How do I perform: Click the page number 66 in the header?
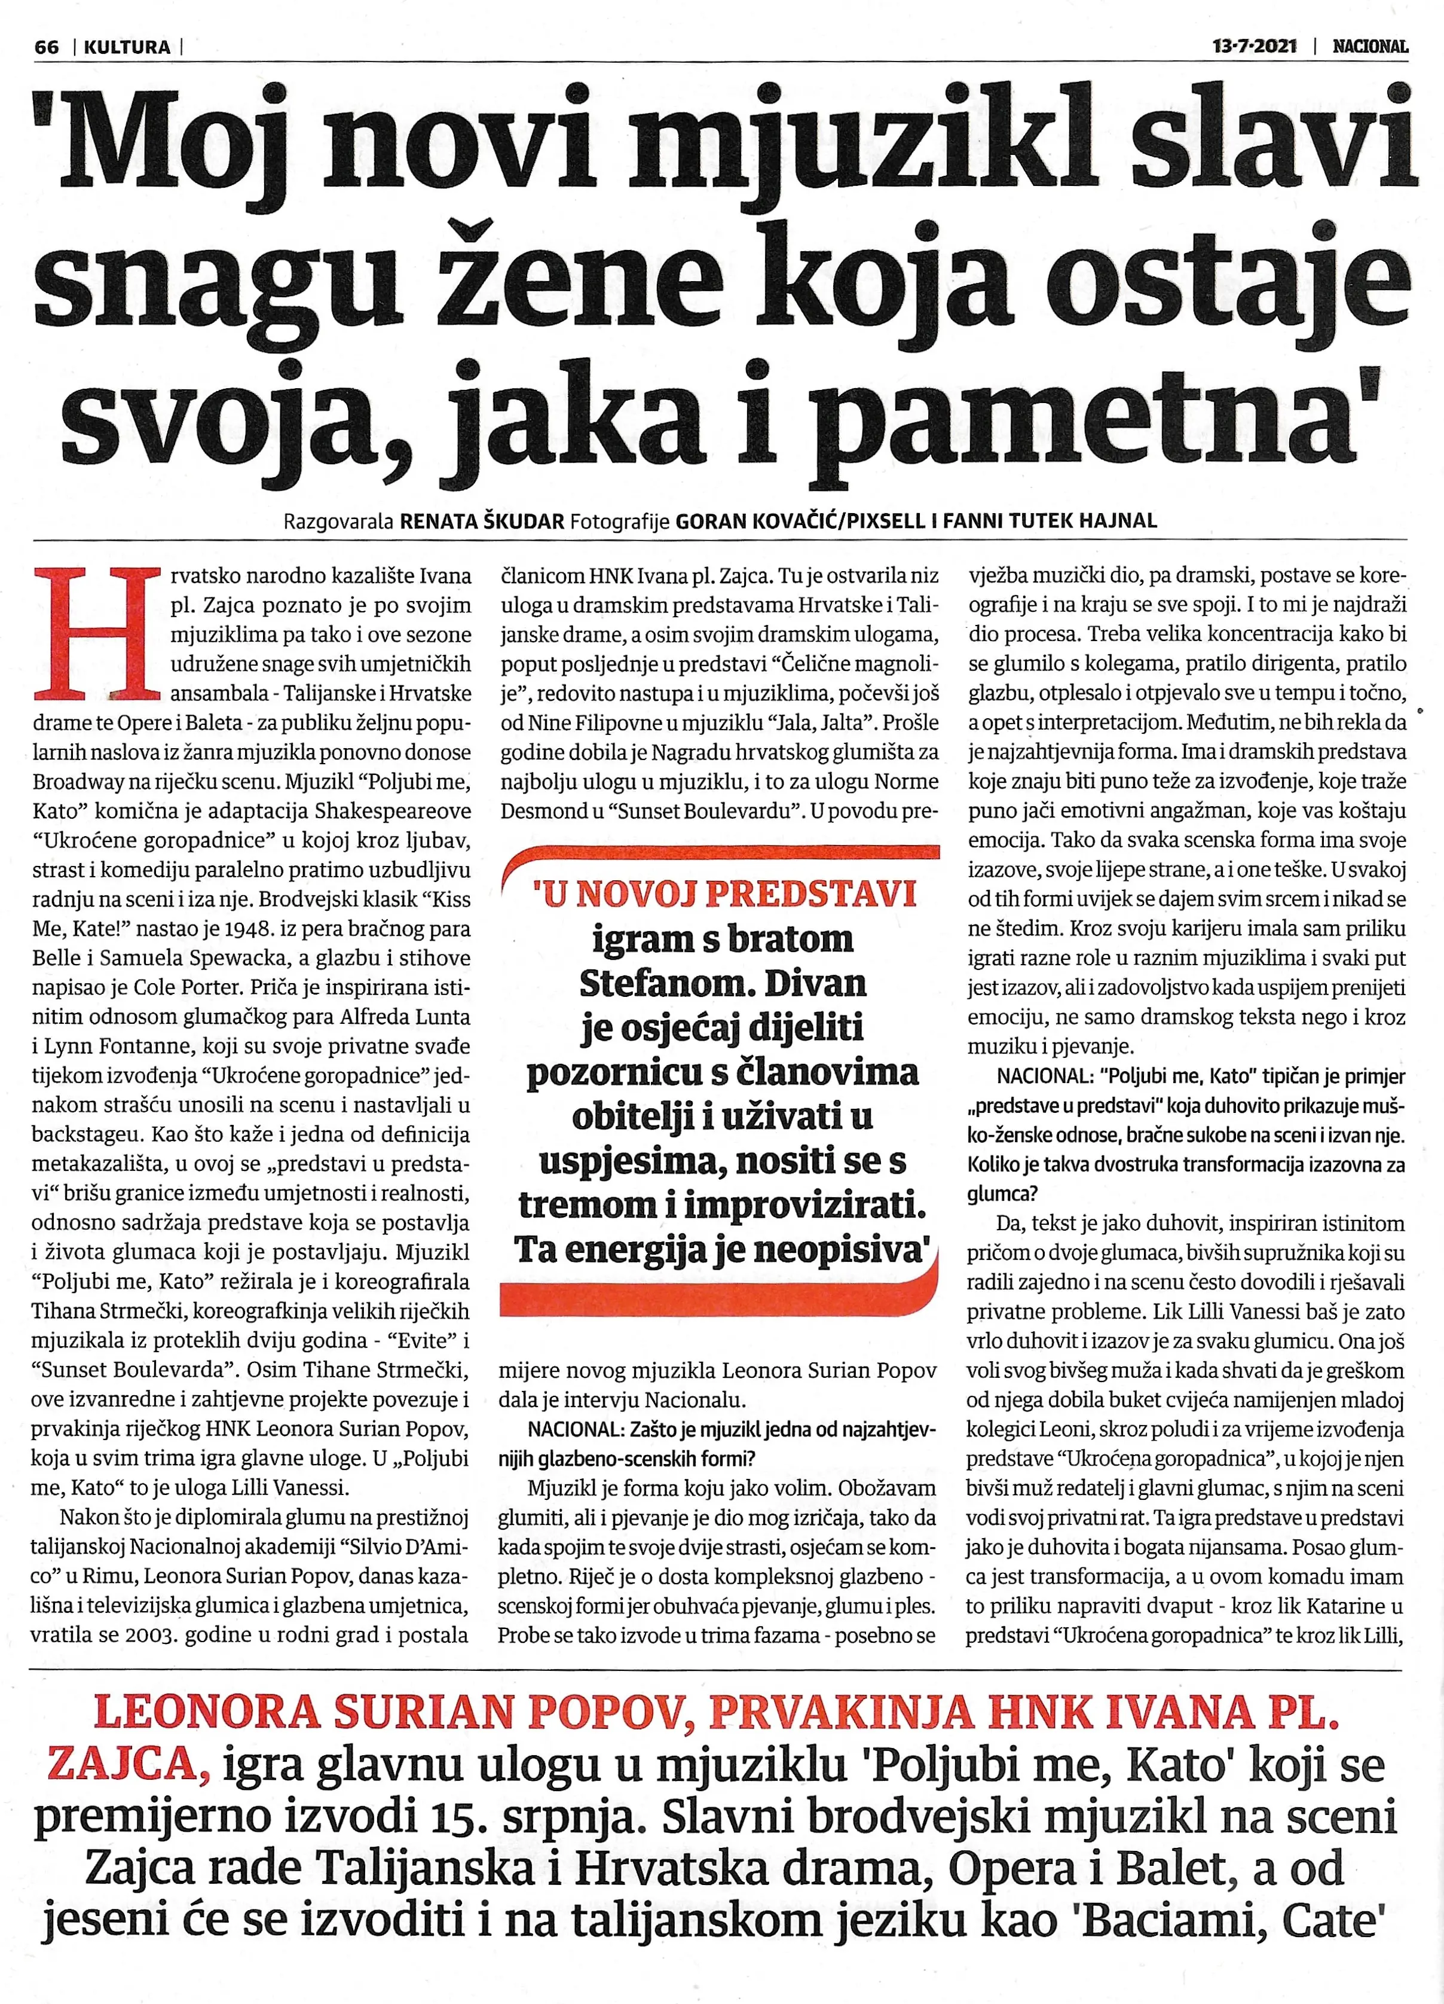click(46, 47)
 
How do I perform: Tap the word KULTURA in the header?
click(127, 47)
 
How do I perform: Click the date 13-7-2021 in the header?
click(1254, 46)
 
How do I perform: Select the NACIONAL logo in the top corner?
click(1370, 46)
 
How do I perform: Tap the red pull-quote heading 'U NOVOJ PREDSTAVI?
click(724, 894)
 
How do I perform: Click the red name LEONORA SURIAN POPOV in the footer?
click(388, 1713)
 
